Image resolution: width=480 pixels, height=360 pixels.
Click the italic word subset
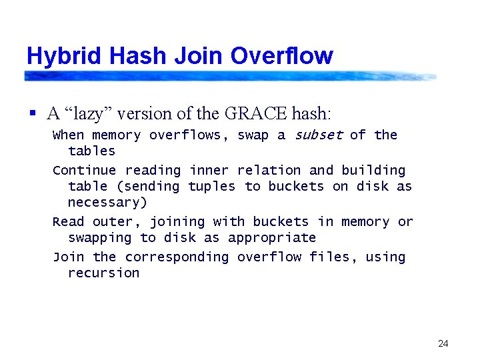[x=318, y=135]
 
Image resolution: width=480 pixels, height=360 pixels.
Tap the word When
[x=68, y=135]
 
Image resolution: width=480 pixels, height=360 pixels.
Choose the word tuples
[x=212, y=187]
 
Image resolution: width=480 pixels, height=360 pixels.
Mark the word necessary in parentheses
[x=104, y=203]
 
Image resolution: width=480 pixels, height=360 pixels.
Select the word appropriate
[x=272, y=238]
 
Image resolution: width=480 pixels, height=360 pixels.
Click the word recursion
[x=104, y=273]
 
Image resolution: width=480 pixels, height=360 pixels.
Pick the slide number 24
[x=443, y=344]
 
